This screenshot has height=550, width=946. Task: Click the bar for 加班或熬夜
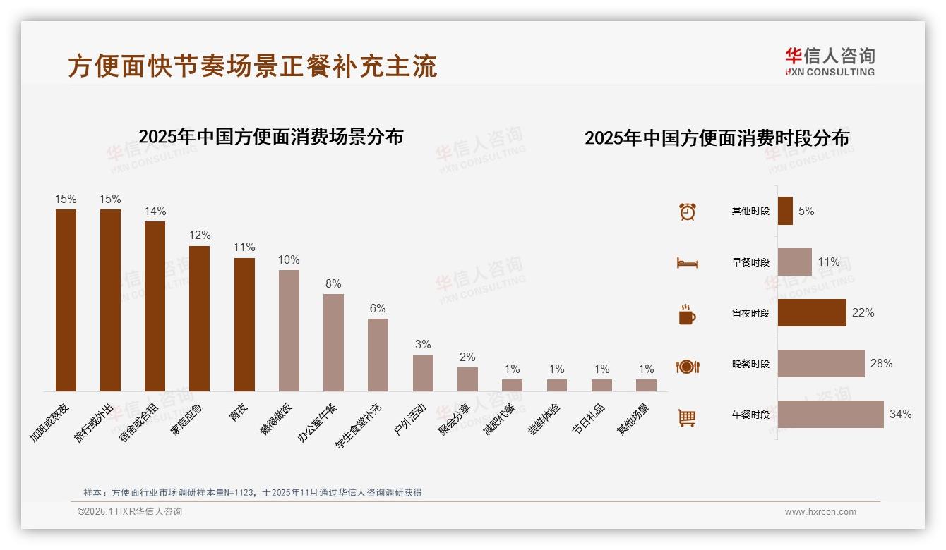(x=66, y=300)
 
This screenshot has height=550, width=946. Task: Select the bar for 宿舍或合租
(x=155, y=306)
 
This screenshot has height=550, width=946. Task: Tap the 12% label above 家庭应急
(x=199, y=236)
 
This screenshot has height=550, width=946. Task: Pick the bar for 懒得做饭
(x=289, y=330)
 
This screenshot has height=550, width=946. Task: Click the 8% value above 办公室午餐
(x=333, y=284)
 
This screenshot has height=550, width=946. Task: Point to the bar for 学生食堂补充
(x=378, y=355)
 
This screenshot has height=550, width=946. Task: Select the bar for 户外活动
(x=423, y=373)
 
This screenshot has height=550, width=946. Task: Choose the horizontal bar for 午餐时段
(x=830, y=415)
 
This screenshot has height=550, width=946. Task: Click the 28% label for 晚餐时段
(x=881, y=364)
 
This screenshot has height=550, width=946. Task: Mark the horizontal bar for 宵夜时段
(x=812, y=313)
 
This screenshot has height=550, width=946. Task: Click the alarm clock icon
(x=688, y=211)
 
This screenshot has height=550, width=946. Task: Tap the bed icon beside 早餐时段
(x=687, y=263)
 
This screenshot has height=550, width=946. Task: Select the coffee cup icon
(x=687, y=314)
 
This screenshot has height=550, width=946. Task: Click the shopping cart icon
(x=687, y=417)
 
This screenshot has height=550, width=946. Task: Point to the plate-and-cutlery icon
(x=687, y=367)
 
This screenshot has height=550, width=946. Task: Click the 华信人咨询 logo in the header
(x=830, y=62)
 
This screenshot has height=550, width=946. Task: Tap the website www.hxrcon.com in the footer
(x=820, y=512)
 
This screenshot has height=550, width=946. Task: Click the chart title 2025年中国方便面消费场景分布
(x=270, y=137)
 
